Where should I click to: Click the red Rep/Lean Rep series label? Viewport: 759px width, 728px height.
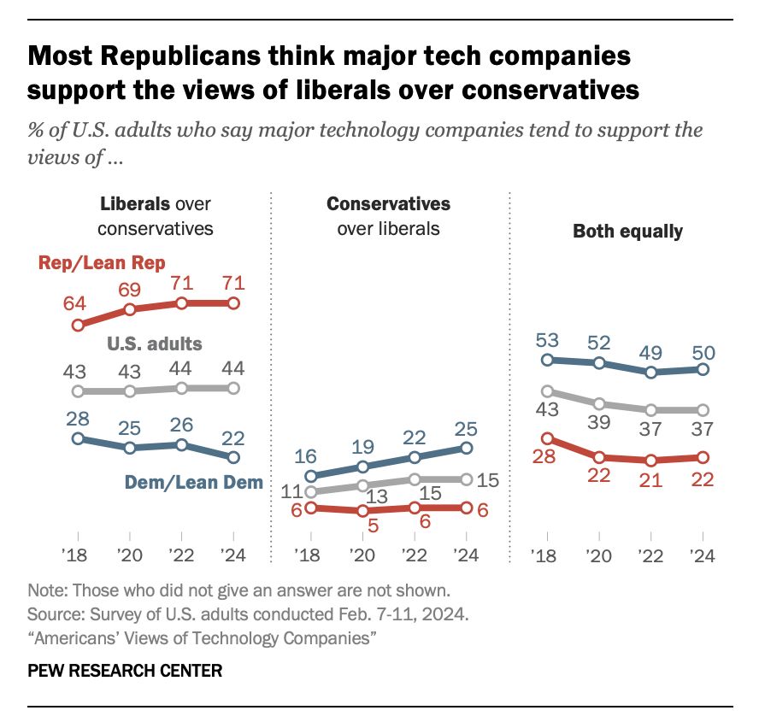(x=102, y=262)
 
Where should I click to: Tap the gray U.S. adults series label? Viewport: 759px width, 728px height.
(x=155, y=343)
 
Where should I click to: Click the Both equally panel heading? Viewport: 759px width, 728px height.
(x=627, y=232)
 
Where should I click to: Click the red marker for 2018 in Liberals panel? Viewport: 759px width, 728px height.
(x=78, y=325)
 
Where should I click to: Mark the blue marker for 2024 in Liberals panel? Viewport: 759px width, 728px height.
(x=234, y=458)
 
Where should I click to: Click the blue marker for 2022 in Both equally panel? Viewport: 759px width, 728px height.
(x=651, y=373)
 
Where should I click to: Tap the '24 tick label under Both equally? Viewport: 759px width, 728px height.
(x=703, y=555)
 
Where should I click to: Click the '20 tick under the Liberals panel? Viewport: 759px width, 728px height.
(x=129, y=555)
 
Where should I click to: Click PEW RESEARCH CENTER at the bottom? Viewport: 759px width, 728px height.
(x=125, y=671)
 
